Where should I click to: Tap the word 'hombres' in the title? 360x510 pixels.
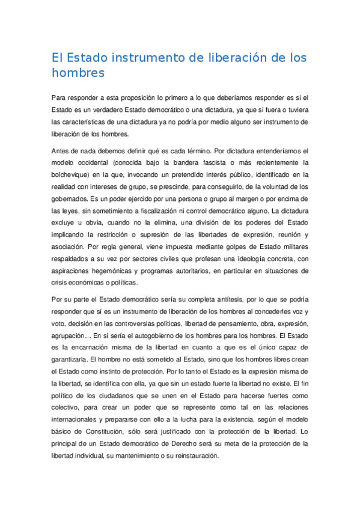click(x=78, y=73)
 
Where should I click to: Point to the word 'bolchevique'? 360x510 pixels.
click(x=73, y=174)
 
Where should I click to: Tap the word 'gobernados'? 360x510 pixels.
click(x=72, y=198)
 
